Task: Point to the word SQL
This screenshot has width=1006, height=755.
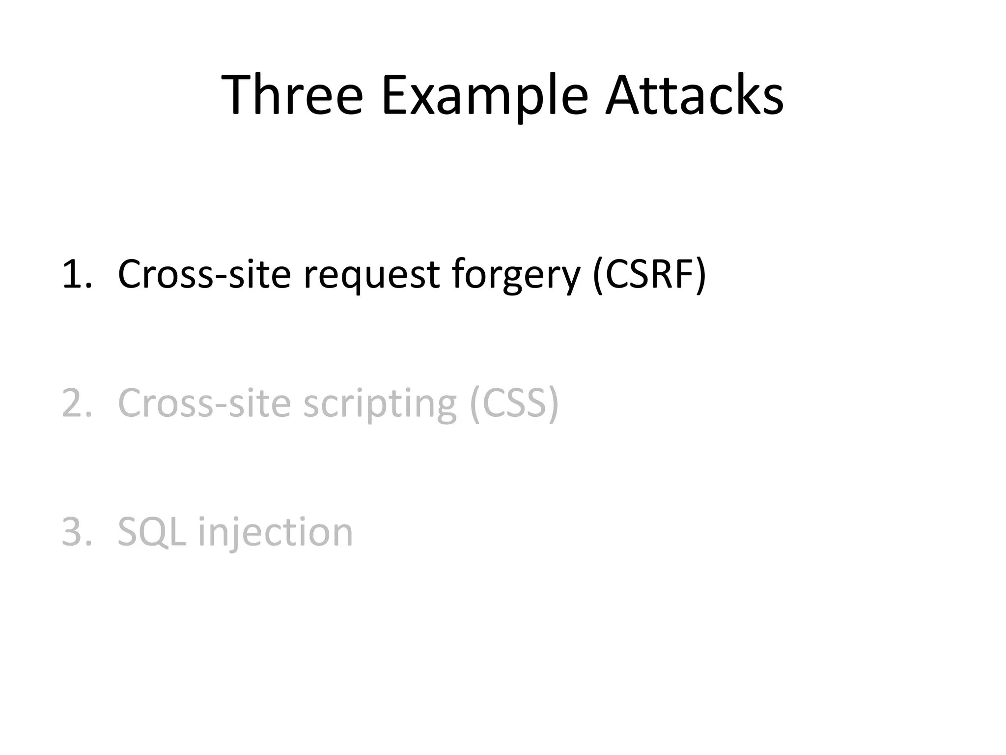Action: [152, 532]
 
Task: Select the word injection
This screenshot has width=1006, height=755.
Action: [276, 533]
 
